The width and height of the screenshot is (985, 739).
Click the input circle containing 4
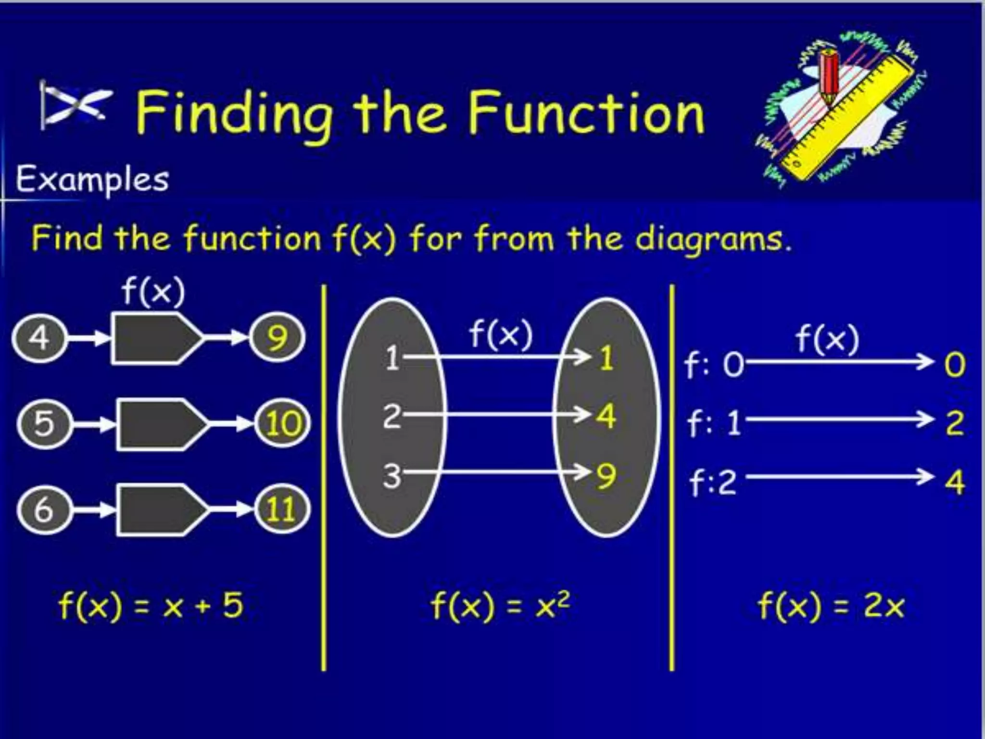click(x=39, y=338)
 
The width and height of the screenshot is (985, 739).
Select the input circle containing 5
click(x=45, y=424)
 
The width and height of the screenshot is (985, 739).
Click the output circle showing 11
click(x=282, y=509)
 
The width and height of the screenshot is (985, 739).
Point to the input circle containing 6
click(x=45, y=509)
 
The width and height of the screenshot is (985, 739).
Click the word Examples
click(x=92, y=179)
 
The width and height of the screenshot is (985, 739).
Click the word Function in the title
click(x=586, y=114)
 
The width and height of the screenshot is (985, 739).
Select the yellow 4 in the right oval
click(x=606, y=416)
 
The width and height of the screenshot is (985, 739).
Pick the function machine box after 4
click(x=156, y=338)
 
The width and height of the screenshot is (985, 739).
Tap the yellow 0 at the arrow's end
click(x=955, y=365)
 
